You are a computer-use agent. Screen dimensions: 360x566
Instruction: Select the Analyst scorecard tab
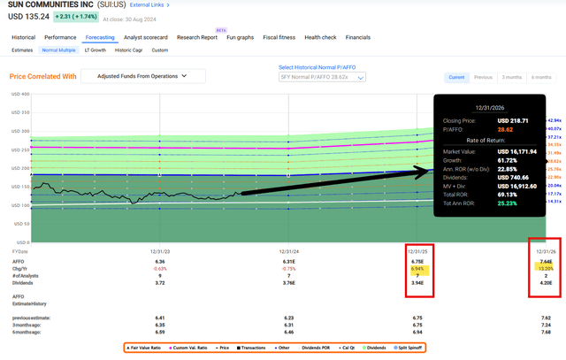click(146, 38)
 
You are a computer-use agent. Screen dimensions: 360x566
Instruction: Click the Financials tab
click(358, 38)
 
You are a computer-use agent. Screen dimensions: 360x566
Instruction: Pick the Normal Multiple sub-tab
click(59, 50)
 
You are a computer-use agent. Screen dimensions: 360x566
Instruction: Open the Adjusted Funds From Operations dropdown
click(143, 77)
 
